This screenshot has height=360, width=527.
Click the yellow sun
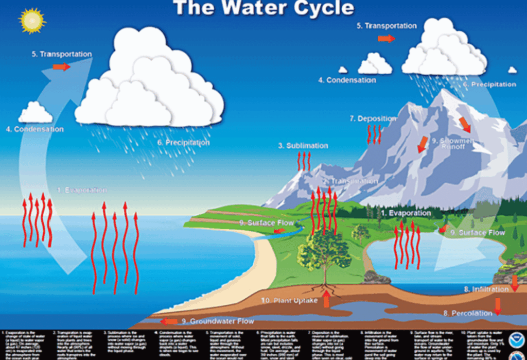(32, 21)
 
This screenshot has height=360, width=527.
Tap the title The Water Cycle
(263, 8)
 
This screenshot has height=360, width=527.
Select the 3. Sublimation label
(303, 146)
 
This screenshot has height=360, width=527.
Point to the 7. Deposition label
(373, 118)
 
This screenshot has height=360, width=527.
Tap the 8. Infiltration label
(486, 289)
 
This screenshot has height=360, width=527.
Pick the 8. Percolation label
(468, 313)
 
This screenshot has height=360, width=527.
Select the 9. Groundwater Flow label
(218, 321)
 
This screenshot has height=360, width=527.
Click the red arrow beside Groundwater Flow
(168, 321)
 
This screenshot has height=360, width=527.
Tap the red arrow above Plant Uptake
(326, 298)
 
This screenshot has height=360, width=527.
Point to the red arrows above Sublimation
(305, 161)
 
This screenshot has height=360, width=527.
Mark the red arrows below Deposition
(374, 134)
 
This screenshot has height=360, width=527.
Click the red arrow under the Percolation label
(497, 307)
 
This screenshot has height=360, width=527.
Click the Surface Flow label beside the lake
(478, 233)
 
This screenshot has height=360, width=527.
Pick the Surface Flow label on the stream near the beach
(267, 223)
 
